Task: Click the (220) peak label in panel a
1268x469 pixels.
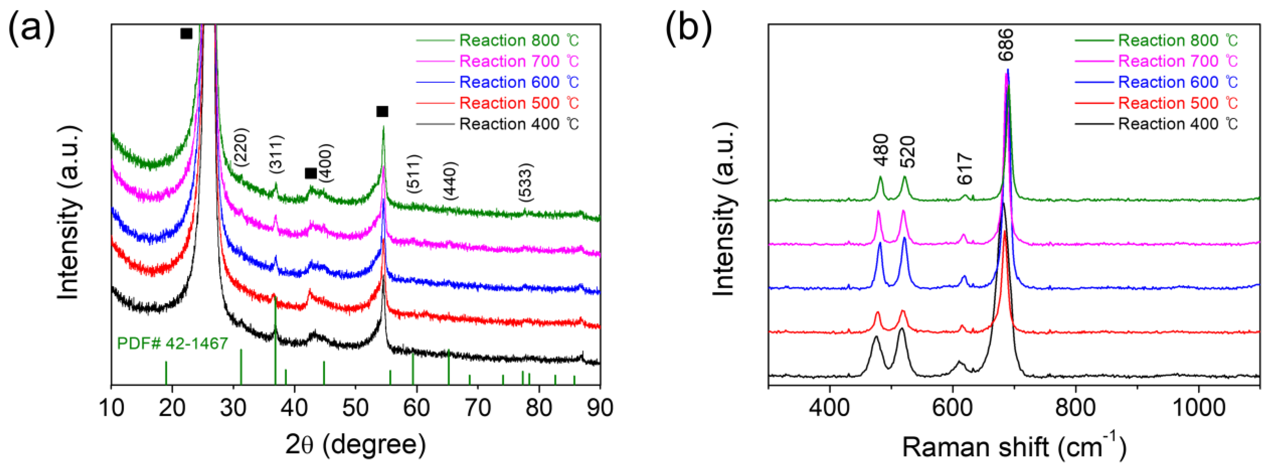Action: coord(242,147)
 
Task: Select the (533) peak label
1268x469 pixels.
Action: coord(525,182)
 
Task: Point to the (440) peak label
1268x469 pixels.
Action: coord(450,180)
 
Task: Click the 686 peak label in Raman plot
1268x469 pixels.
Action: coord(1006,44)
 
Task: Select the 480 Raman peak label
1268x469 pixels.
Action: coord(881,150)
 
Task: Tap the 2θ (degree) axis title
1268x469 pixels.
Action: coord(355,445)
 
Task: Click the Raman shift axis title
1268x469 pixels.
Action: coord(1013,446)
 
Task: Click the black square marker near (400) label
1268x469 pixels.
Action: coord(311,173)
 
